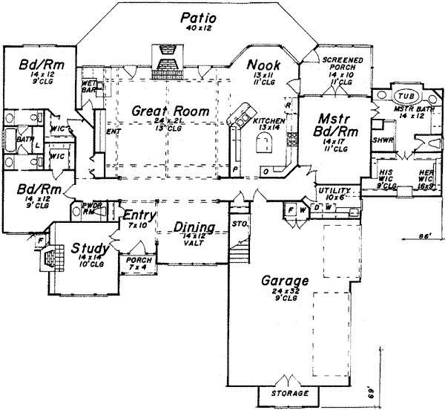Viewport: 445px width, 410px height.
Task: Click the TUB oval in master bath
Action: (x=404, y=97)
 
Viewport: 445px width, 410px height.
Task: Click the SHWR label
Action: (x=383, y=140)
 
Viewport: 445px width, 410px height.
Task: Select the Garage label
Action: (x=285, y=282)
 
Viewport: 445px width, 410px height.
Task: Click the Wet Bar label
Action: (x=88, y=85)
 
